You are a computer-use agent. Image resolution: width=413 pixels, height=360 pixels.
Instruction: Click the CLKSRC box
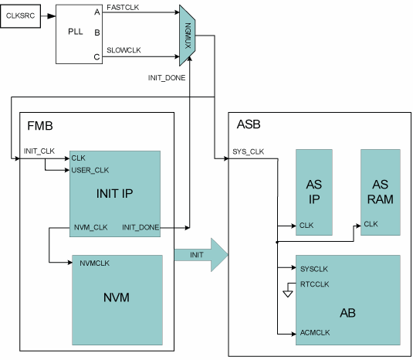click(x=21, y=15)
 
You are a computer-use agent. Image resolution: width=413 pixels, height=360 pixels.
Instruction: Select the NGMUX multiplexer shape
click(x=188, y=36)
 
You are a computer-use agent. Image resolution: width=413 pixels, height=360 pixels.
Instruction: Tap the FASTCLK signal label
click(x=123, y=8)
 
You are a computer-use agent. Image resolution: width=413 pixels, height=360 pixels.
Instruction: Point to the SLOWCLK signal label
click(x=124, y=50)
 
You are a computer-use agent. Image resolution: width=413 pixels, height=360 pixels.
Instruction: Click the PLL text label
click(x=76, y=32)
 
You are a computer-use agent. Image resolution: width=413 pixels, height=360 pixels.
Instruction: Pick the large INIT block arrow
click(x=201, y=255)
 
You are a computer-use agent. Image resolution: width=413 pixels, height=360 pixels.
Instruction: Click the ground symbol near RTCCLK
click(x=288, y=294)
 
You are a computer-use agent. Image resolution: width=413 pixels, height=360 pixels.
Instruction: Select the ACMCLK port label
click(x=315, y=333)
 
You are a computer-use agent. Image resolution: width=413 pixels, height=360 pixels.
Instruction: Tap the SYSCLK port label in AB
click(x=314, y=269)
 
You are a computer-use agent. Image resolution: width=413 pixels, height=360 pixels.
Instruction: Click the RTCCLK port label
click(x=314, y=284)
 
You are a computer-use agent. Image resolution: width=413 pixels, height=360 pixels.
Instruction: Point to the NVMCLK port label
click(x=94, y=263)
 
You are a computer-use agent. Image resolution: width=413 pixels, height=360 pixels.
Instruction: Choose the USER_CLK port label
click(x=90, y=170)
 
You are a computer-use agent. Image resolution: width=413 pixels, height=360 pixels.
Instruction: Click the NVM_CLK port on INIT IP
click(x=90, y=227)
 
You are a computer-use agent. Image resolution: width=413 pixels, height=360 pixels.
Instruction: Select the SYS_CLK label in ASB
click(x=248, y=151)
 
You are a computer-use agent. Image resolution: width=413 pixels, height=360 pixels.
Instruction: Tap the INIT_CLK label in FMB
click(x=39, y=151)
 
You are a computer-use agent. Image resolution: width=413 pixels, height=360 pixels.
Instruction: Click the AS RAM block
click(x=381, y=192)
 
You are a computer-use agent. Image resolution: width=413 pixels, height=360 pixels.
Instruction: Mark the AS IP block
click(x=314, y=192)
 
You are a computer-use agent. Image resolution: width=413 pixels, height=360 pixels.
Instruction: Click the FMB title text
click(x=40, y=126)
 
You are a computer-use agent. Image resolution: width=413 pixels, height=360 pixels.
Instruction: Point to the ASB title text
click(x=249, y=124)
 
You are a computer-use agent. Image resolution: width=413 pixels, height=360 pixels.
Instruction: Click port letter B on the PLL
click(x=97, y=32)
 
